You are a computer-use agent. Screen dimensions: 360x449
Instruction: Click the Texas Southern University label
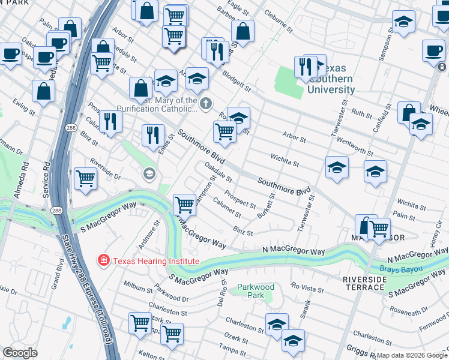pyautogui.click(x=331, y=83)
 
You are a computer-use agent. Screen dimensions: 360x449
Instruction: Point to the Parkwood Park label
pyautogui.click(x=256, y=291)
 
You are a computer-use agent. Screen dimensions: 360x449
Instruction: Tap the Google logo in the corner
pyautogui.click(x=20, y=353)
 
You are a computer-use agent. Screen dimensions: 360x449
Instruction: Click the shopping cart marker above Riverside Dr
pyautogui.click(x=86, y=178)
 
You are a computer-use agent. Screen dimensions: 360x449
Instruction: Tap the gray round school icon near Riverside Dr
pyautogui.click(x=148, y=174)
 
